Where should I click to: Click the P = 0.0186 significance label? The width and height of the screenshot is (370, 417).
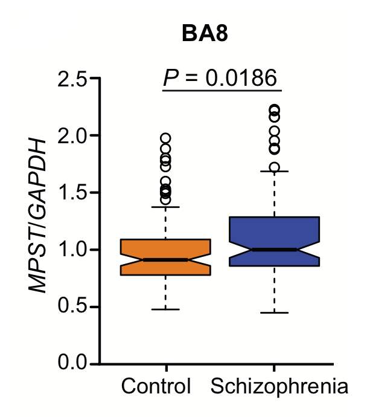220,77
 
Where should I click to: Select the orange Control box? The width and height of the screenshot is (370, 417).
165,248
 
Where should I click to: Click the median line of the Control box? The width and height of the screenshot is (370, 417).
165,259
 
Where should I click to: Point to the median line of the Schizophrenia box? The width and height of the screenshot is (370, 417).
274,249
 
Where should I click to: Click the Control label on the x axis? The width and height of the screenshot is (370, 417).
156,386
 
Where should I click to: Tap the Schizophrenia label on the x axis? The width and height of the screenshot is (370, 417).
279,386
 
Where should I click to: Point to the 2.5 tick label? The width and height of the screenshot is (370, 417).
72,79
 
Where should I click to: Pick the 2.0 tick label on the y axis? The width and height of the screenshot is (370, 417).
72,135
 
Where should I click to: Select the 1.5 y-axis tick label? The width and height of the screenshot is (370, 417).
72,193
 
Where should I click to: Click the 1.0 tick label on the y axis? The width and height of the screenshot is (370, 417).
72,250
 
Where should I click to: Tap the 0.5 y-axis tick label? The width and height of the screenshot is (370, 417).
72,307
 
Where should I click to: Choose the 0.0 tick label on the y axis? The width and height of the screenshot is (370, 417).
72,364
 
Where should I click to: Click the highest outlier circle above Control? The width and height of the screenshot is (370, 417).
165,138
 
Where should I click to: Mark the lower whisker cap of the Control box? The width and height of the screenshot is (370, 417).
165,309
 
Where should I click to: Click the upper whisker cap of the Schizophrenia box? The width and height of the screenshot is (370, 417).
274,172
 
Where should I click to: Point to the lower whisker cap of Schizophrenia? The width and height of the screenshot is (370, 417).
274,312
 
